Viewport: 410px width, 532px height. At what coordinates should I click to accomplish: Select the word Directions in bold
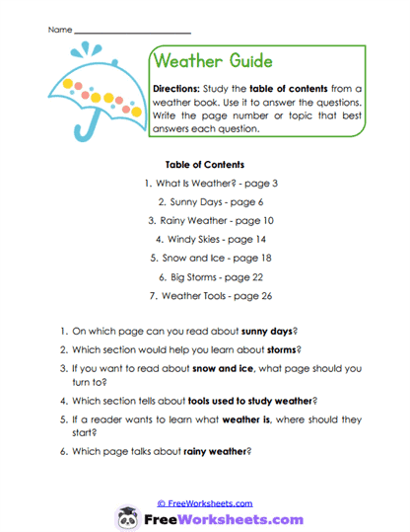[177, 88]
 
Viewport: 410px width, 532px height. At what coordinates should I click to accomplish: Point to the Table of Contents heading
[206, 165]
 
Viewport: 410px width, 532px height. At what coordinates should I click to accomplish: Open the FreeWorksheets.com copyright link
[205, 502]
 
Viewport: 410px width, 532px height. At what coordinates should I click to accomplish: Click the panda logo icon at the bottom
[127, 517]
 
